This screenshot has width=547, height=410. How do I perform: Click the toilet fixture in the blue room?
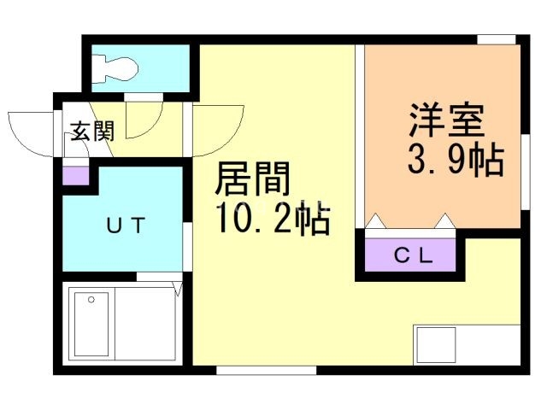click(120, 67)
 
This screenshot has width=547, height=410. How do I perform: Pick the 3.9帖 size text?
click(453, 160)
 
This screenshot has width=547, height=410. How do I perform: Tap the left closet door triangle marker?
click(377, 222)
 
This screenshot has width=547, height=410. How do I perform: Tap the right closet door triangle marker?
click(445, 222)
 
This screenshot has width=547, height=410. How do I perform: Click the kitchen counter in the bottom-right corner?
click(467, 345)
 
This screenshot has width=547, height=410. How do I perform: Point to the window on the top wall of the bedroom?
click(497, 39)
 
